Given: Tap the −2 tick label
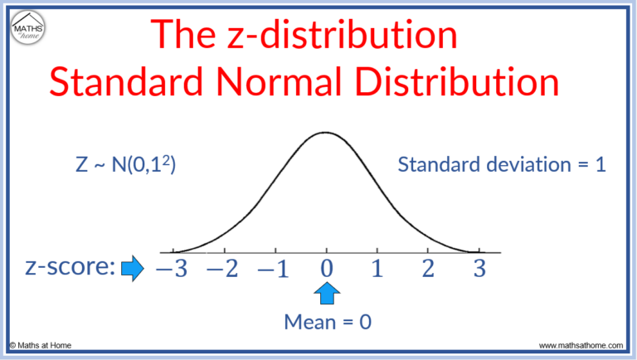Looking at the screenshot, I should tap(221, 269).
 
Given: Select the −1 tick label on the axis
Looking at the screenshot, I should tap(274, 269).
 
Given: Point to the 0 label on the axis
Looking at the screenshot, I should tap(328, 269).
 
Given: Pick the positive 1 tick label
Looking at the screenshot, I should tap(377, 269).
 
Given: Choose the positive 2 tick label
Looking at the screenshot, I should tap(428, 269).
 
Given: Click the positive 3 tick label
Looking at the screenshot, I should tap(478, 269).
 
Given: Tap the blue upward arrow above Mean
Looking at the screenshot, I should tap(328, 294).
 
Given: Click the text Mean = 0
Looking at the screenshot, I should tap(327, 322).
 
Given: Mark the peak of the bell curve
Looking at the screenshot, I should tap(327, 132).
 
